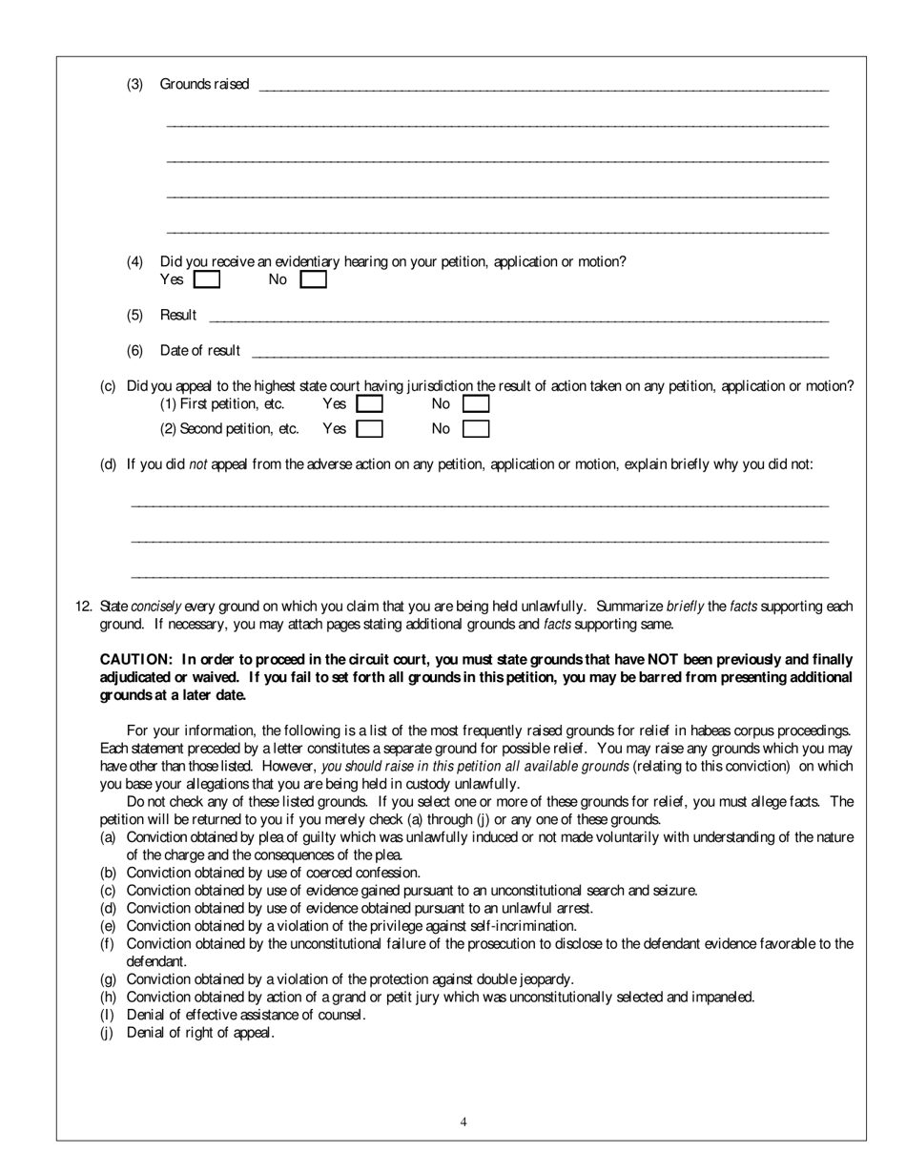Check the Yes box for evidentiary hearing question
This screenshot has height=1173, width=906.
tap(206, 280)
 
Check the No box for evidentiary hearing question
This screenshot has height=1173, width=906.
tap(313, 280)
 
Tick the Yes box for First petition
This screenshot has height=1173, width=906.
tap(369, 404)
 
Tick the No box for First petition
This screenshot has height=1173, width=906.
tap(476, 404)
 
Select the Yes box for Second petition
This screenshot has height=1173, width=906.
tap(369, 429)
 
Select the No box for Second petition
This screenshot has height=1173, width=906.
tap(476, 429)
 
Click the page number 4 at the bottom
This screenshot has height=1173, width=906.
tap(463, 1122)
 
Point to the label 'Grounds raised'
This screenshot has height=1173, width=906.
tap(204, 84)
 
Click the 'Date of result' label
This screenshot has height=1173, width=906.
tap(200, 351)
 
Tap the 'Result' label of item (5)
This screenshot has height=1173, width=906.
tap(178, 316)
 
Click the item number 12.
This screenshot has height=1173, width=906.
tap(83, 607)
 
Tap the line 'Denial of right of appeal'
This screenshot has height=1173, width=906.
tap(200, 1033)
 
